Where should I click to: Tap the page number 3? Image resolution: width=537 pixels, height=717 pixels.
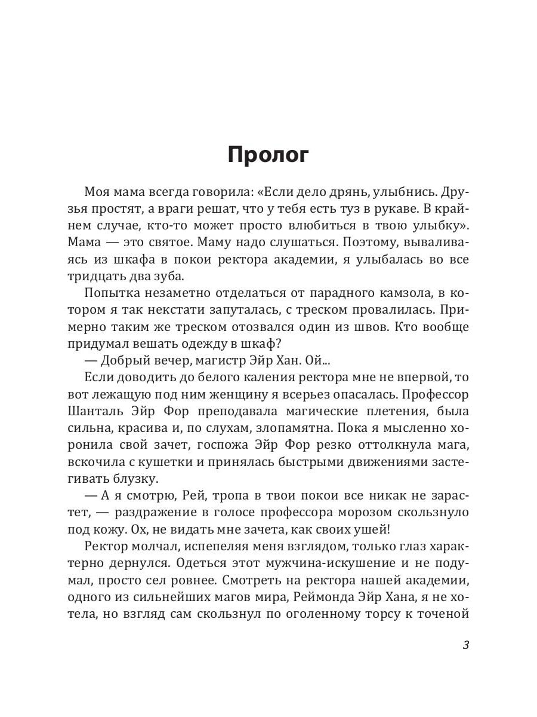click(466, 646)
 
